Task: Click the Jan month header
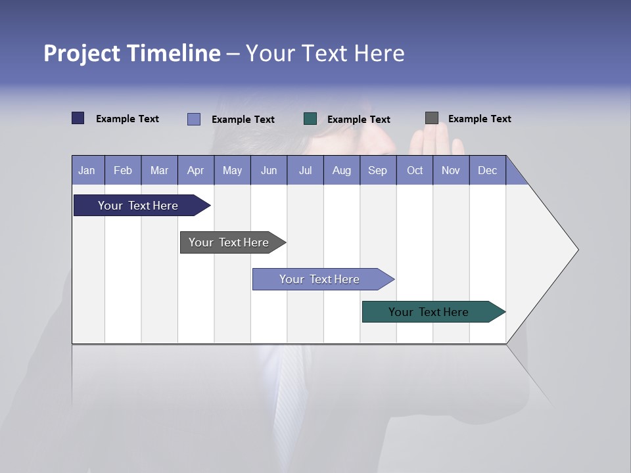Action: point(87,170)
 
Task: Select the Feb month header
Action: point(123,170)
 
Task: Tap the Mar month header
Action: point(159,170)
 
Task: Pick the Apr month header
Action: point(196,170)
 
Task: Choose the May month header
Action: point(232,170)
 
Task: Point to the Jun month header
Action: point(269,170)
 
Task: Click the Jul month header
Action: point(305,170)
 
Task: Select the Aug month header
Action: point(342,170)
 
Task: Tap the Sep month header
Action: point(378,170)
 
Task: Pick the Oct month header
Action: point(415,170)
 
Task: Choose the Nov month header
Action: point(451,170)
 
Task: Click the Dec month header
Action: point(488,170)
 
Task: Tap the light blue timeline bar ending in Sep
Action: point(320,279)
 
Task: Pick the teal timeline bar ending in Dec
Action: point(429,312)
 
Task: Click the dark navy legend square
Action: point(78,118)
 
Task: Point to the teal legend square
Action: point(310,119)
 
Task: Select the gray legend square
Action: point(432,118)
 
